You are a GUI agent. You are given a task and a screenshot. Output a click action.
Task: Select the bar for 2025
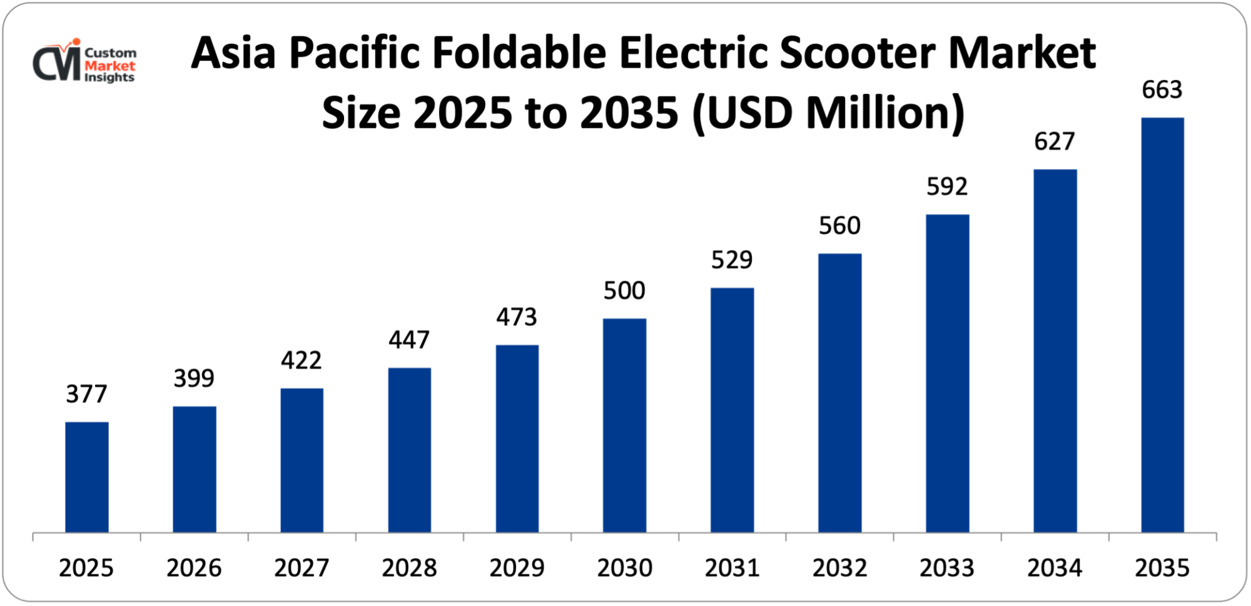click(87, 477)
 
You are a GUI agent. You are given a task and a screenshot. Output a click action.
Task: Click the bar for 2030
click(624, 425)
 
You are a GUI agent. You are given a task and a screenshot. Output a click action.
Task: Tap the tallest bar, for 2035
click(1162, 325)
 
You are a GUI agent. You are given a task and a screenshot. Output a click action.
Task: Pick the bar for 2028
click(409, 450)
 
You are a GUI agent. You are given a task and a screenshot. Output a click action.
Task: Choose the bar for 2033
click(947, 373)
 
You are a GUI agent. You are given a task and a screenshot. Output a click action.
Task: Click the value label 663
click(1162, 90)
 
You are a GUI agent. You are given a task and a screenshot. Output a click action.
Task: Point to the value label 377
click(87, 394)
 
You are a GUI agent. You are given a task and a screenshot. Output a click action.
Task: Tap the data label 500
click(624, 291)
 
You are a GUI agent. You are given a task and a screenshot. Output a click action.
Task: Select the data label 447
click(409, 340)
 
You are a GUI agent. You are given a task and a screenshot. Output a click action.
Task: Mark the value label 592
click(947, 186)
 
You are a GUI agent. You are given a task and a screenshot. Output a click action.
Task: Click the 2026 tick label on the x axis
click(194, 568)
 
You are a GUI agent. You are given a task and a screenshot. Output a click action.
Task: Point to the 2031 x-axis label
click(732, 568)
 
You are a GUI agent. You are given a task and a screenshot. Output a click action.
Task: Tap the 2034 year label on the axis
click(1055, 568)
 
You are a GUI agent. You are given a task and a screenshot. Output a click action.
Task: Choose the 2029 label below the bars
click(517, 568)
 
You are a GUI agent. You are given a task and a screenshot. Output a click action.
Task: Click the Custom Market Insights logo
click(84, 61)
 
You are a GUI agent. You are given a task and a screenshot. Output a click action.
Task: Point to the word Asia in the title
click(233, 53)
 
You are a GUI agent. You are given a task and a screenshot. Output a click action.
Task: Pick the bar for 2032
click(839, 393)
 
